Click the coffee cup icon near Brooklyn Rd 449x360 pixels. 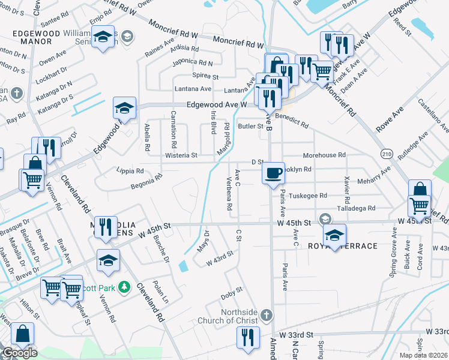point(274,173)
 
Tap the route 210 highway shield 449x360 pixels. point(387,154)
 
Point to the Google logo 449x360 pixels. point(19,353)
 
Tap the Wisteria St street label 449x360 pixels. point(181,155)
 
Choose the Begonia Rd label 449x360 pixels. point(147,181)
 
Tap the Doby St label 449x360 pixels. point(231,292)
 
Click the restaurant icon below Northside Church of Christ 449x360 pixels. point(247,337)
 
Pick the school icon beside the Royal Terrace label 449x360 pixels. point(334,235)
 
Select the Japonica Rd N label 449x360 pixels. point(192,62)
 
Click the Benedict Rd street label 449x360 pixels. point(292,121)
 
